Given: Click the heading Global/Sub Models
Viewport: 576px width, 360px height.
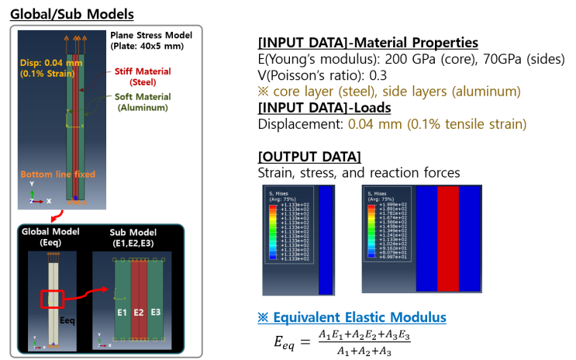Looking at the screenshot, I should point(71,14).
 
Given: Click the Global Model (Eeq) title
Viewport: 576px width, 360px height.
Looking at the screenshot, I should point(52,239).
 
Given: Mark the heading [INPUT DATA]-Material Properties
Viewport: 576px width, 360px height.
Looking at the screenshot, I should point(367,43).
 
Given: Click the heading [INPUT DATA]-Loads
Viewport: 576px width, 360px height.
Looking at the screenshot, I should point(324,107).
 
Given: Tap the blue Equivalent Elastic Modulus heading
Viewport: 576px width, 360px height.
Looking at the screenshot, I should point(352,317).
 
